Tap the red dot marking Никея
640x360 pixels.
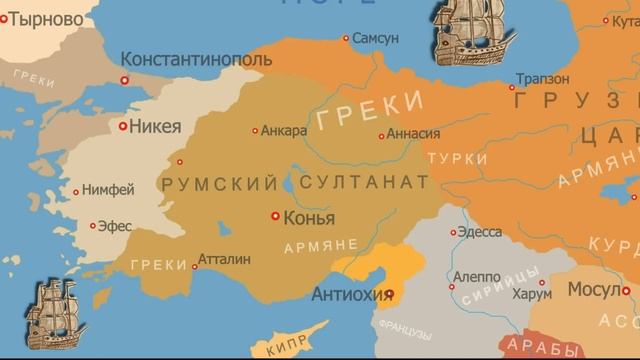click(x=123, y=127)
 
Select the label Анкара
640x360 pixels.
click(x=283, y=130)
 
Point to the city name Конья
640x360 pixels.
click(x=310, y=218)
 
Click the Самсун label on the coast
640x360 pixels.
click(x=376, y=38)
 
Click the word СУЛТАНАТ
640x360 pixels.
click(x=361, y=182)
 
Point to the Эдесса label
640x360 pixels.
click(x=480, y=232)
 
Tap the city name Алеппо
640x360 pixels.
click(x=476, y=276)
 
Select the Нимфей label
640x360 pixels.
click(x=107, y=190)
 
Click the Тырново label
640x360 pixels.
click(x=45, y=18)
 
